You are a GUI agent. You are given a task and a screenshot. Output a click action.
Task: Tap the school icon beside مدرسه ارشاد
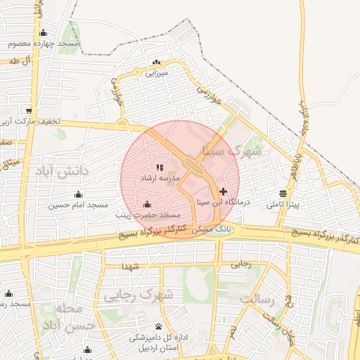coord(160,168)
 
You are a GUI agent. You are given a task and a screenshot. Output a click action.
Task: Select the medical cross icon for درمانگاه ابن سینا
coord(223,191)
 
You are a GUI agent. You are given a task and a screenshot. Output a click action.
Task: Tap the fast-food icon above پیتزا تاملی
coord(283,193)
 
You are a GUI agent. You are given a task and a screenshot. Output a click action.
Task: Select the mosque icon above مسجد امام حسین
coord(78,195)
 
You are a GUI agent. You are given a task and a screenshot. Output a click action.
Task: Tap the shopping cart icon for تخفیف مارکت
coord(29,110)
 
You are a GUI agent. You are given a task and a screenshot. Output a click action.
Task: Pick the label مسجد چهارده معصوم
coord(44,44)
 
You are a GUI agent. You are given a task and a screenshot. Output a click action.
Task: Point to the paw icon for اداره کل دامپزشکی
coord(157,327)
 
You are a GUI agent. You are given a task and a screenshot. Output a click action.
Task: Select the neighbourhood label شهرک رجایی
coord(139,295)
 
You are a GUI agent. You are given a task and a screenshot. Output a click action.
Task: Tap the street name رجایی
coord(241,264)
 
